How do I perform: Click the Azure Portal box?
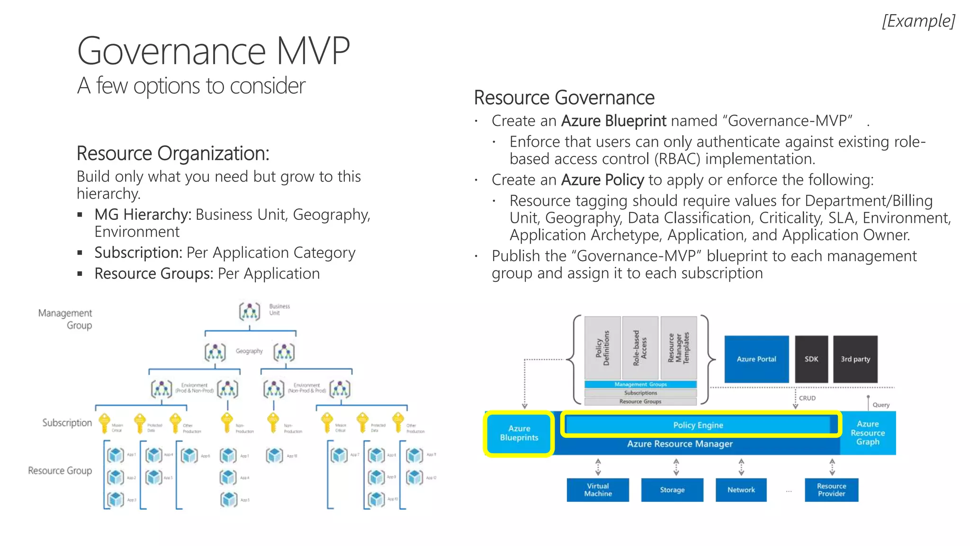(x=756, y=359)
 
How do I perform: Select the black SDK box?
(x=811, y=359)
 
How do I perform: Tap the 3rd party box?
(x=855, y=359)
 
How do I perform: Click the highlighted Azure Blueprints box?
(x=519, y=433)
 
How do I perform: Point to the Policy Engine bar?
(x=698, y=425)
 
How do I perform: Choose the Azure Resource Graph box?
(x=867, y=433)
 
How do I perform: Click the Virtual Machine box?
(x=598, y=490)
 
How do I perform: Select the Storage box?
(x=672, y=490)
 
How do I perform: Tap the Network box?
(x=741, y=490)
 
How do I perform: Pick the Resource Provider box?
(x=831, y=490)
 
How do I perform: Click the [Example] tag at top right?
(x=918, y=21)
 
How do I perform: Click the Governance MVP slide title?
(x=213, y=51)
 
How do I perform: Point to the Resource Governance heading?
(x=564, y=98)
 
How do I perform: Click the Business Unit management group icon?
(x=250, y=311)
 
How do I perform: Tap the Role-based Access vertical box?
(x=640, y=348)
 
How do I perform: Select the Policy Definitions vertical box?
(x=602, y=348)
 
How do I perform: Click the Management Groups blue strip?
(x=640, y=384)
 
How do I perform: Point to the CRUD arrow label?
(x=807, y=398)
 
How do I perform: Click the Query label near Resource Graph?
(x=880, y=405)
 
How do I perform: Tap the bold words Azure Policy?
(x=602, y=180)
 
